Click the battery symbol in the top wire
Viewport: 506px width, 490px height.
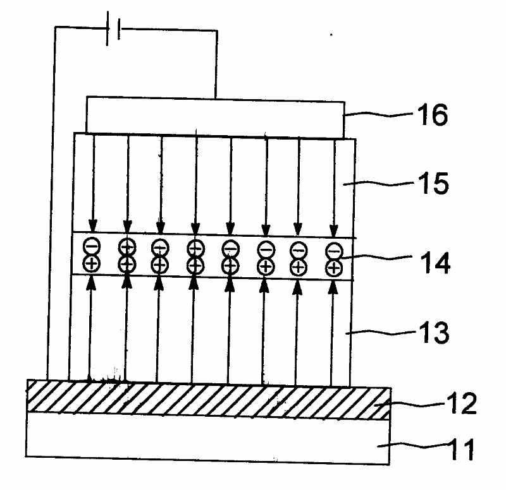click(113, 32)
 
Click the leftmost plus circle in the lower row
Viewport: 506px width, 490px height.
click(91, 264)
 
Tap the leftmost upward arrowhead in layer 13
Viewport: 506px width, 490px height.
click(90, 284)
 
